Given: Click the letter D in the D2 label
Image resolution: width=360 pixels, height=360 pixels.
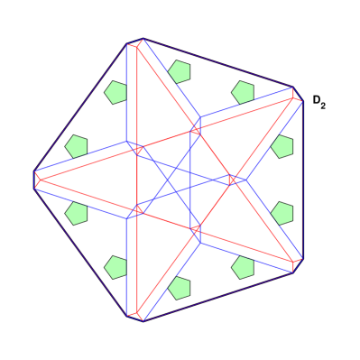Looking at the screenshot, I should click(318, 100).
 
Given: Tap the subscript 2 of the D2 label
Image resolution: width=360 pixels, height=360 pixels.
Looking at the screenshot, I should click(323, 106).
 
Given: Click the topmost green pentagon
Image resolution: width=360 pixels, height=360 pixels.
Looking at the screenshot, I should click(180, 70).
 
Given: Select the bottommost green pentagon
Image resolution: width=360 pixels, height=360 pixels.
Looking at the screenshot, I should click(180, 289).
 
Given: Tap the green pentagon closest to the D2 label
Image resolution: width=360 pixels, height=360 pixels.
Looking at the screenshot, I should click(282, 145).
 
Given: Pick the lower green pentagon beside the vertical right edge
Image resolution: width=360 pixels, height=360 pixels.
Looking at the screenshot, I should click(282, 213).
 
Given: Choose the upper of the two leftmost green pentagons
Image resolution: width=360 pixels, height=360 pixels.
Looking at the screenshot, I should click(77, 146).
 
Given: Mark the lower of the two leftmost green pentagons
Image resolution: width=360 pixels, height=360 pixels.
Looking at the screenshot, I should click(77, 213).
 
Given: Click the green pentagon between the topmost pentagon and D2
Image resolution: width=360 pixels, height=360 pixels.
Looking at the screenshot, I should click(242, 92).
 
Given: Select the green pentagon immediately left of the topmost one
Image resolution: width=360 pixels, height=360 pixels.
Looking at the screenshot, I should click(115, 92).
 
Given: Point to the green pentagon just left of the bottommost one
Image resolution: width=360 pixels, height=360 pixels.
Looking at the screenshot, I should click(115, 267).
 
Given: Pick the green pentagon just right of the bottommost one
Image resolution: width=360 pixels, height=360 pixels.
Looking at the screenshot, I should click(242, 267).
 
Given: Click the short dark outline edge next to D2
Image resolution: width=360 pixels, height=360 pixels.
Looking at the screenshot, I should click(298, 92).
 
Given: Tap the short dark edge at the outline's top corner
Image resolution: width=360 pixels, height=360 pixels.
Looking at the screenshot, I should click(134, 41).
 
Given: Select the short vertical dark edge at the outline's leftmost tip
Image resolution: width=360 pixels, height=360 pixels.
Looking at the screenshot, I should click(34, 180).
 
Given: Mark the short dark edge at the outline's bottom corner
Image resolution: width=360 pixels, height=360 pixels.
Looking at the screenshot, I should click(134, 318).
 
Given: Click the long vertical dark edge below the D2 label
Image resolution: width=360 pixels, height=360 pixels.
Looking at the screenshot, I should click(304, 180).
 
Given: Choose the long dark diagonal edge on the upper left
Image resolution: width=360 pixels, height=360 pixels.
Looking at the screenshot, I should click(79, 106).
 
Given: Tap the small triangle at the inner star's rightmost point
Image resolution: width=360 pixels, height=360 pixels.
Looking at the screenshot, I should click(234, 180).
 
